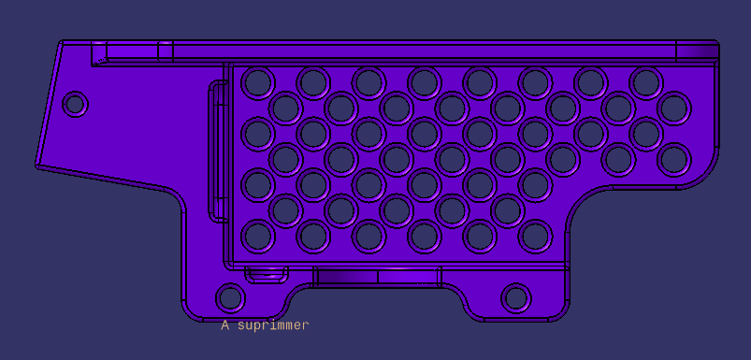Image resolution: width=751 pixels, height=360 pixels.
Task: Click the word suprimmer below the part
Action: point(273,325)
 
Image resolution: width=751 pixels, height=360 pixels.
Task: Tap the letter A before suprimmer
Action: point(224,325)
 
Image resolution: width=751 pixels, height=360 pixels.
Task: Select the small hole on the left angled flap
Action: point(75,104)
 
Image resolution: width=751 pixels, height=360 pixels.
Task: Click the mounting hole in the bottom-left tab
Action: point(230,297)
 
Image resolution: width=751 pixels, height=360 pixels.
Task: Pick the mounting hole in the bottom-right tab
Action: point(516,297)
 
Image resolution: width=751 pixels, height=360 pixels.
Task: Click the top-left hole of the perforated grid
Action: point(258,83)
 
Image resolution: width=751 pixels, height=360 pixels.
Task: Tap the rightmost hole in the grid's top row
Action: point(646,83)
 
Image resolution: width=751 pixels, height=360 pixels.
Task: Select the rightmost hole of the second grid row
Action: point(674,108)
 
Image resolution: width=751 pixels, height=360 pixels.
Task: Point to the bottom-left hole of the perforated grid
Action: point(258,237)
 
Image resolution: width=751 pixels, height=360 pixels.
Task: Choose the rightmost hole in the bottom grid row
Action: point(535,237)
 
